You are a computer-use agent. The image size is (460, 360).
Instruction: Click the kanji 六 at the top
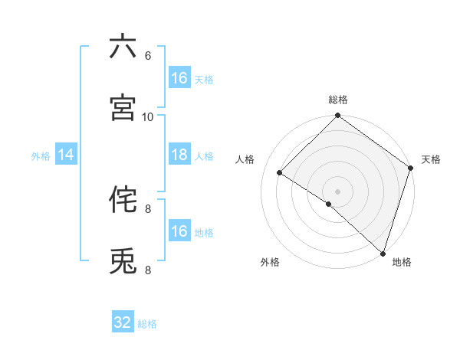[123, 47]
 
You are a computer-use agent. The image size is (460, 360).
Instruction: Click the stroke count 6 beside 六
[148, 55]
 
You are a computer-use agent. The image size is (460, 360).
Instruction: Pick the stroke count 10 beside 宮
[148, 116]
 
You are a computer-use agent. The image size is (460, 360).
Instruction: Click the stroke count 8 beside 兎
[148, 270]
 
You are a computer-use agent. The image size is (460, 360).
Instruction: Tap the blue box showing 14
[66, 155]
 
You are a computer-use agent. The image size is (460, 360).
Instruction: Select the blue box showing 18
[179, 155]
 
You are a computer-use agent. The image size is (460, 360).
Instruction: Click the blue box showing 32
[123, 323]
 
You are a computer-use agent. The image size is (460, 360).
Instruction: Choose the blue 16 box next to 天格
[179, 78]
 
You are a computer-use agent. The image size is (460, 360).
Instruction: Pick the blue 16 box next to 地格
[179, 231]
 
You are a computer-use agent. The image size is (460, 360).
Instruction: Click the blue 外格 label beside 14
[41, 156]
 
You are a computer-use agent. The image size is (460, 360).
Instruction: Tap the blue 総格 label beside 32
[147, 324]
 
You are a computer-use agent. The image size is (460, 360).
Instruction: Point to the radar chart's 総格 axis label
[338, 100]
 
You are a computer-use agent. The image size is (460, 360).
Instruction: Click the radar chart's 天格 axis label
[431, 159]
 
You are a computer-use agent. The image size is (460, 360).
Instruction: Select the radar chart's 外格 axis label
[270, 263]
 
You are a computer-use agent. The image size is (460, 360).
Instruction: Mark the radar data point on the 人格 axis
[280, 173]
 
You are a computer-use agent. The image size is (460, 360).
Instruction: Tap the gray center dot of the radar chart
[337, 191]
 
